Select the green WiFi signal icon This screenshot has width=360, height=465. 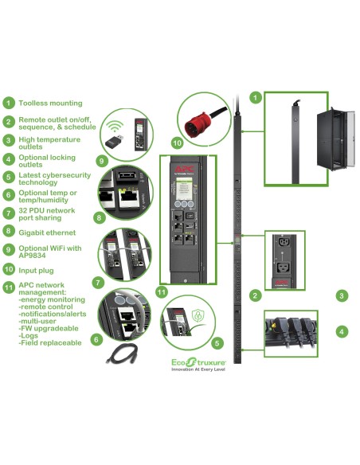pyautogui.click(x=116, y=125)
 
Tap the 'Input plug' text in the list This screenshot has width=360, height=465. pyautogui.click(x=37, y=271)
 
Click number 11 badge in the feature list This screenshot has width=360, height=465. pyautogui.click(x=8, y=287)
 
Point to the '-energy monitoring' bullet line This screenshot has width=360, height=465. pyautogui.click(x=51, y=300)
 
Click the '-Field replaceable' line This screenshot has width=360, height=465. pyautogui.click(x=50, y=342)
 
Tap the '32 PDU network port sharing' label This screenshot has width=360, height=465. pyautogui.click(x=48, y=215)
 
